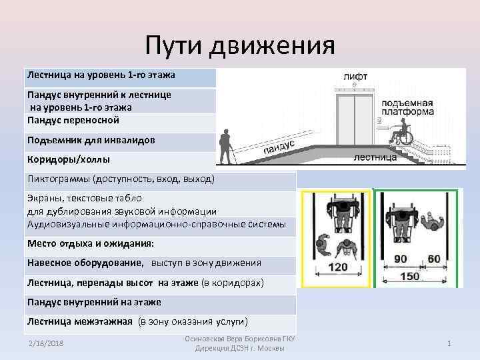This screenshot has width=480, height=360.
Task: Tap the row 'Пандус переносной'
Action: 73,121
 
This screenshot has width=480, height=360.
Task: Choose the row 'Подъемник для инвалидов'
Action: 91,141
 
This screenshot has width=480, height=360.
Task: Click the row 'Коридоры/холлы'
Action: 68,160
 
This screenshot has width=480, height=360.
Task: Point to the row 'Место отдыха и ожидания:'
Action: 91,243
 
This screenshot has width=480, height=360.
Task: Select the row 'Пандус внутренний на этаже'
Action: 94,302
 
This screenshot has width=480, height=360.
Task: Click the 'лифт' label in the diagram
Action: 355,77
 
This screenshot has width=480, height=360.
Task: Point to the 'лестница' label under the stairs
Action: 373,158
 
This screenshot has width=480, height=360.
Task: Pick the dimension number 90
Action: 401,259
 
